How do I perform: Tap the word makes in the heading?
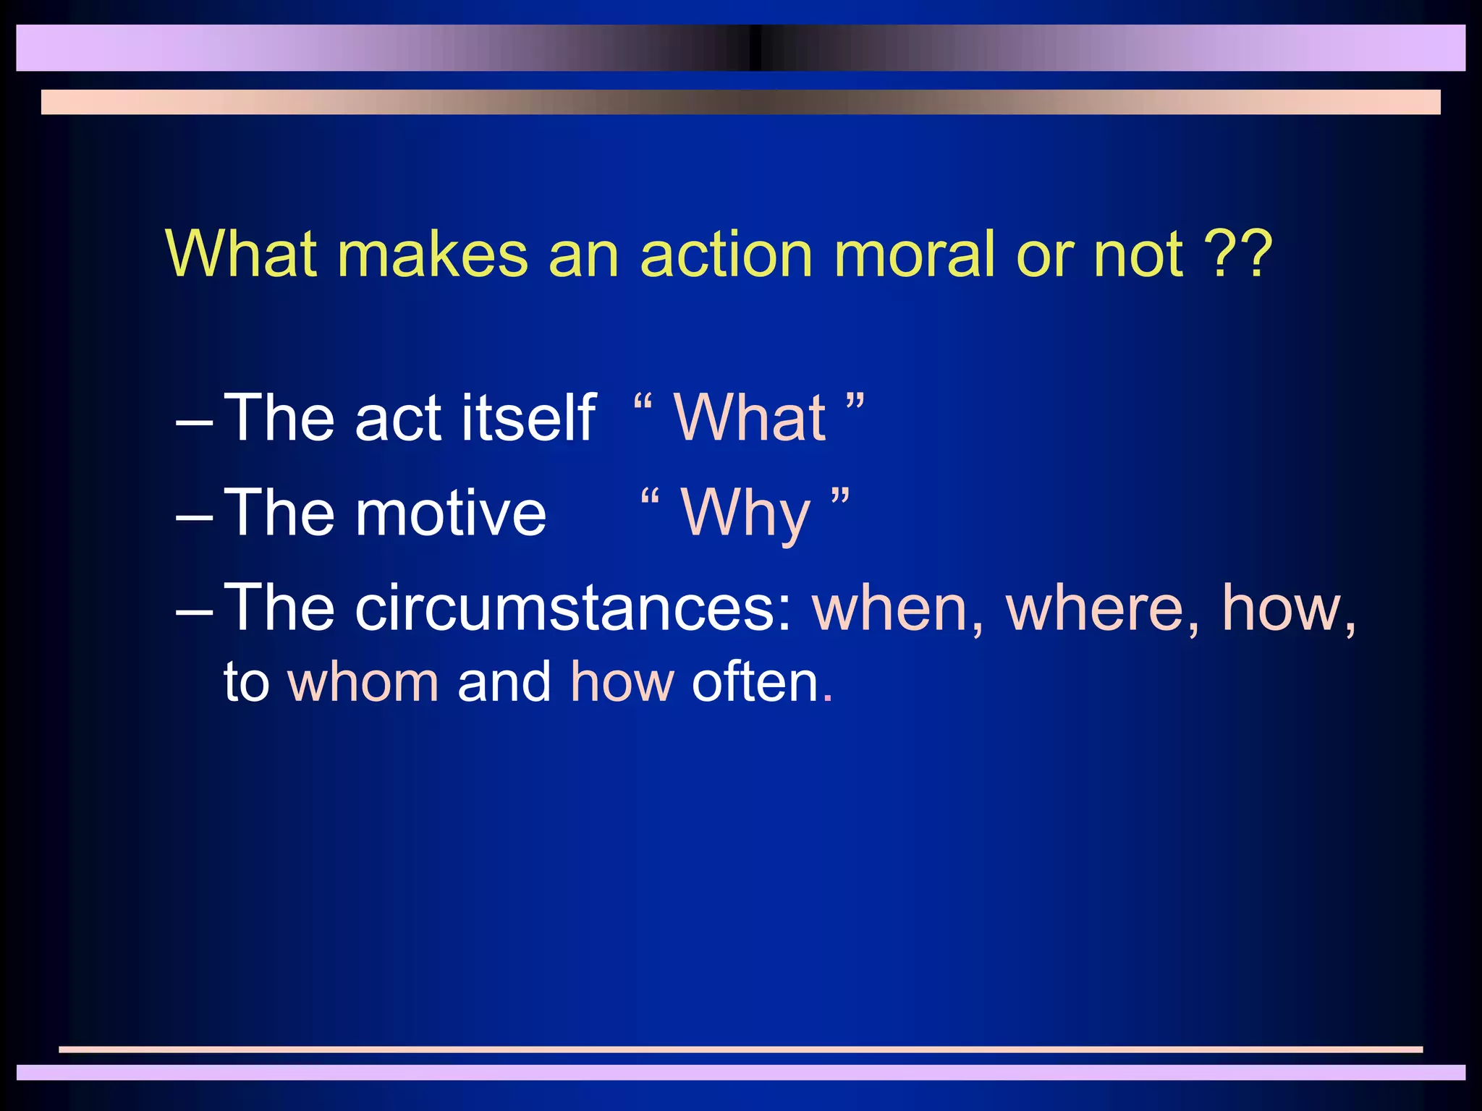click(x=433, y=255)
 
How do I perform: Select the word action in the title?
click(x=727, y=255)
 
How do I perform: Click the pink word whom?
click(x=363, y=683)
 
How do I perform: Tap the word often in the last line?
click(x=754, y=683)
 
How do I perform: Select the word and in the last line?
click(x=504, y=683)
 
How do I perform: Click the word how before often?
click(x=622, y=683)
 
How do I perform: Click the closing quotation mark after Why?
click(x=839, y=498)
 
